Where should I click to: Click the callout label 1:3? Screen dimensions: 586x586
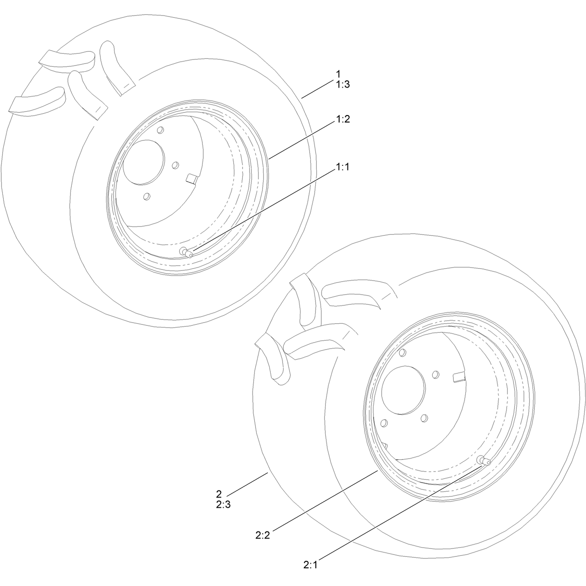coord(343,84)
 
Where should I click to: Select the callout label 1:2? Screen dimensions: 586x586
coord(343,119)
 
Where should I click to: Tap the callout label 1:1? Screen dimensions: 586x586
coord(342,167)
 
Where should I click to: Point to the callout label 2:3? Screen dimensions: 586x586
coord(223,504)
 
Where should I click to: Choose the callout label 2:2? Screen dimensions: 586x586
coord(262,535)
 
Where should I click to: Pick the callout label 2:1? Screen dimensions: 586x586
coord(310,565)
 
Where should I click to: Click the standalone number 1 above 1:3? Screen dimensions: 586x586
coord(338,74)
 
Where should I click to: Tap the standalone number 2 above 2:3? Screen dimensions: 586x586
coord(219,494)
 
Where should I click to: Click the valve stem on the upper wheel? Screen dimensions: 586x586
coord(186,252)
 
